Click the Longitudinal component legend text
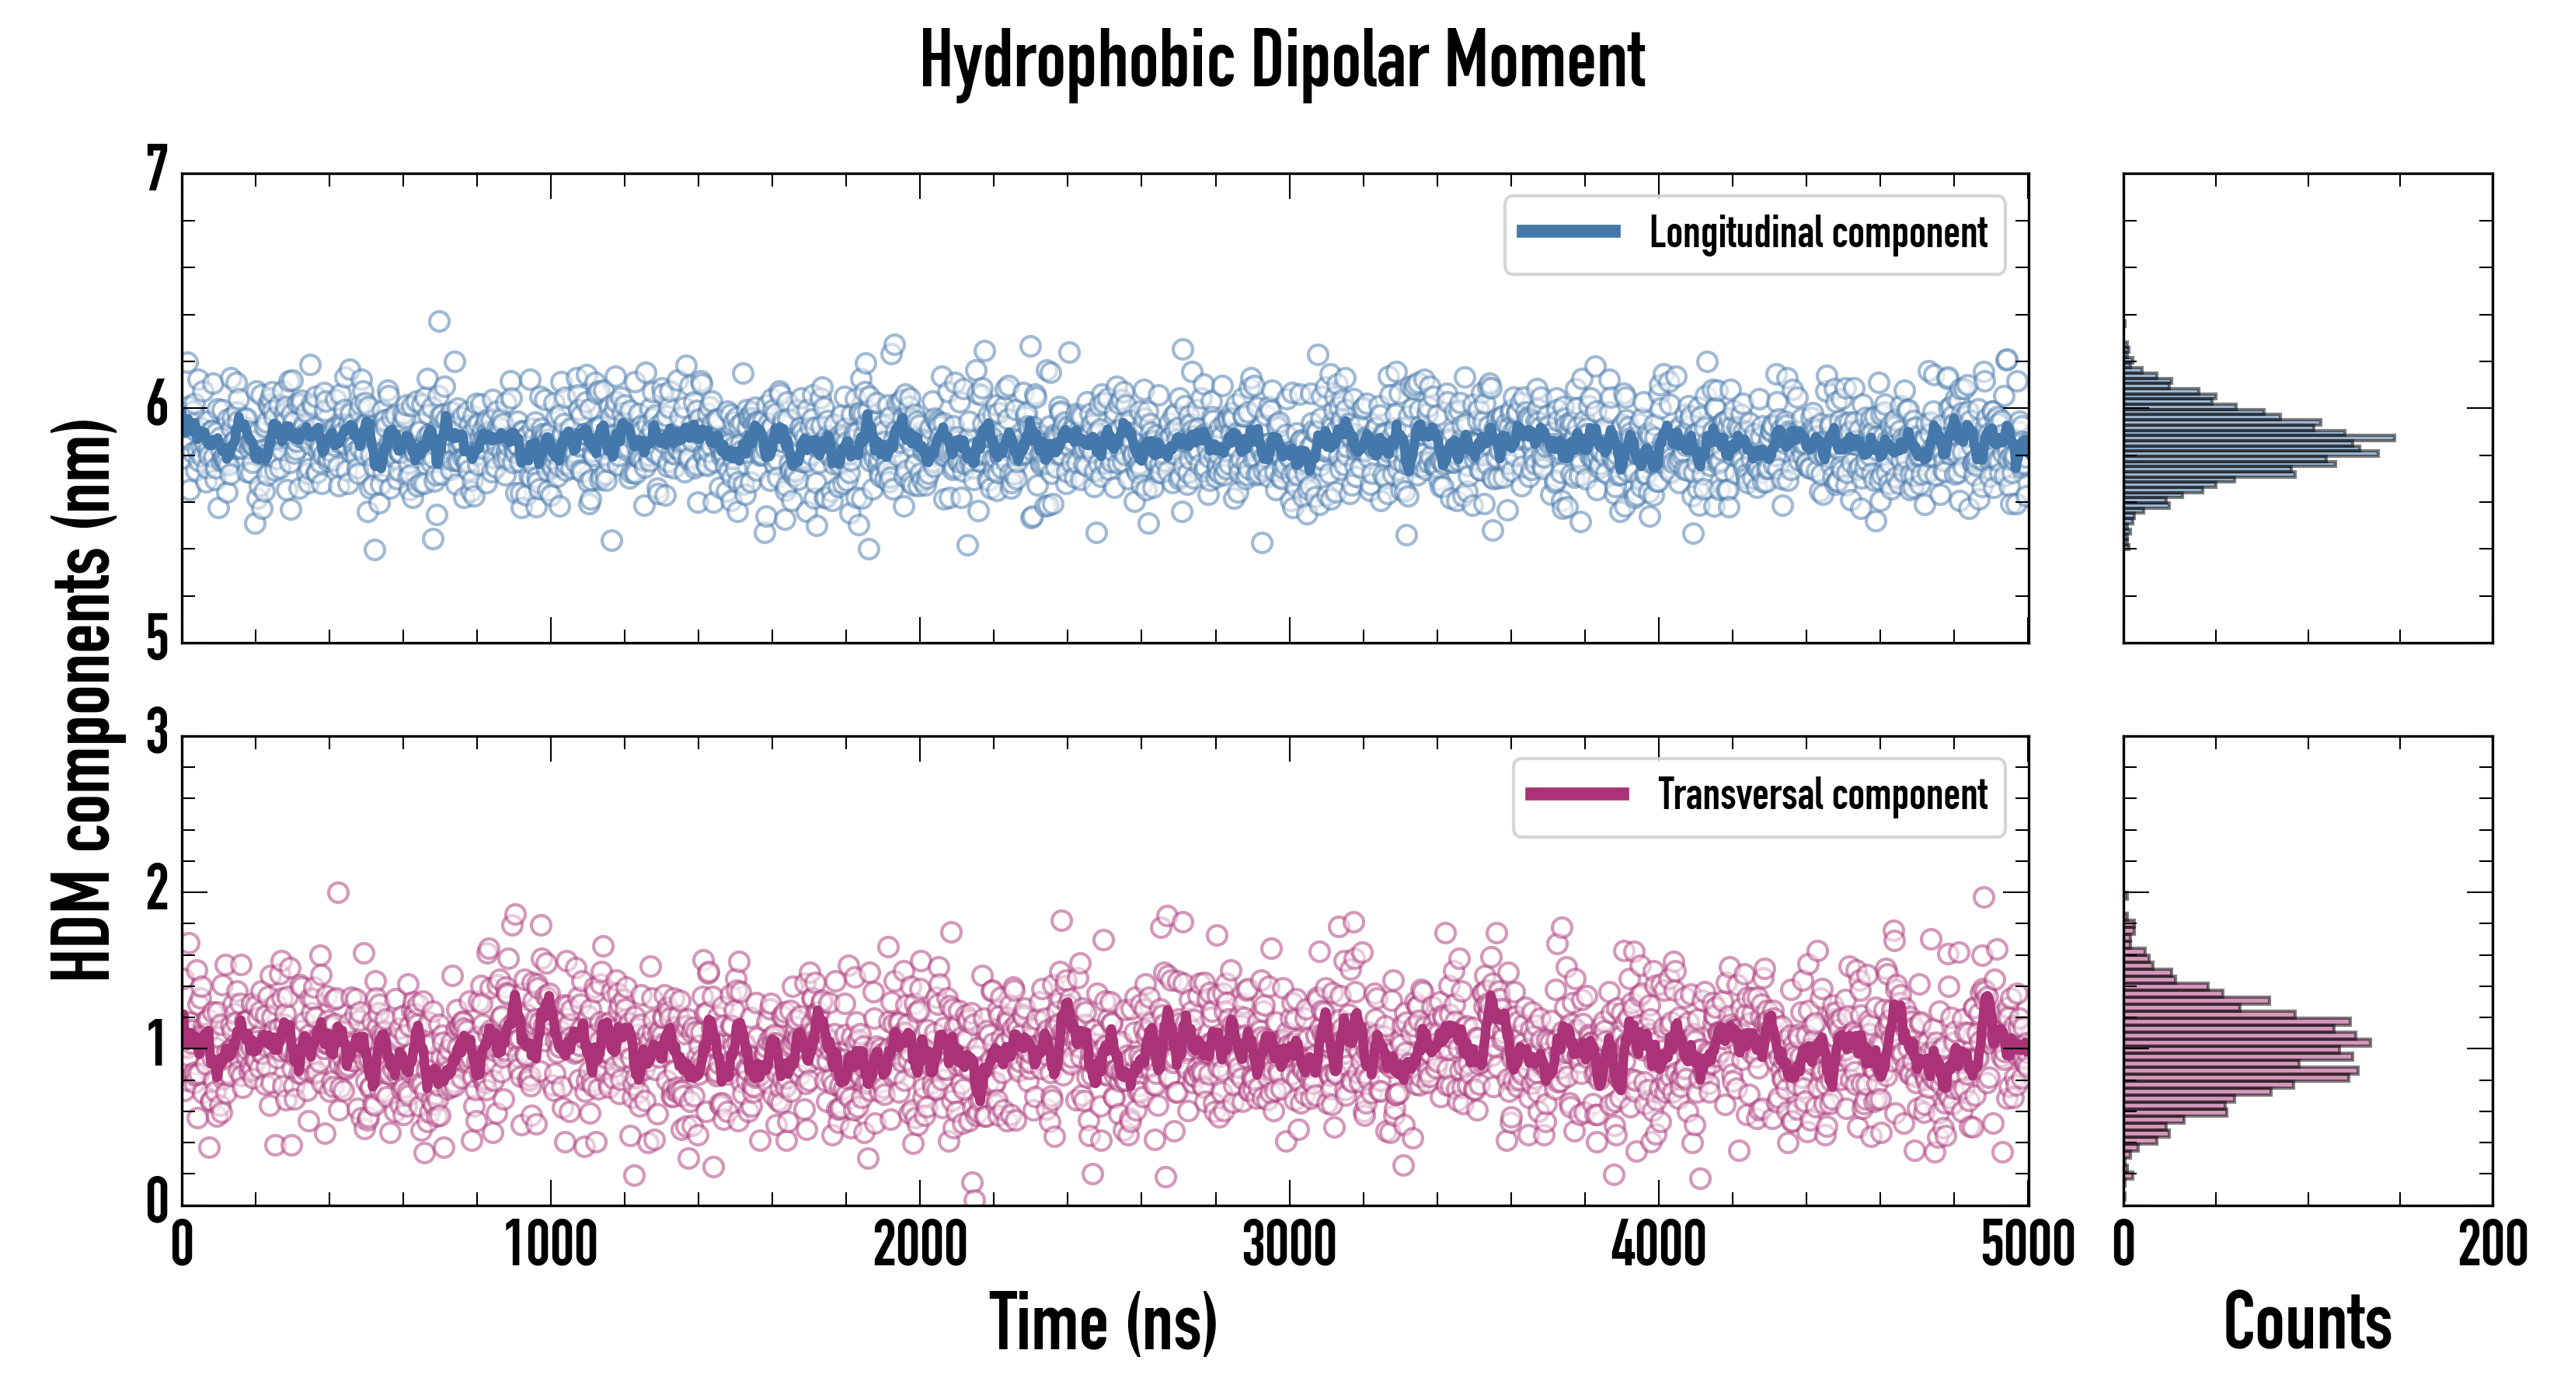pyautogui.click(x=1817, y=233)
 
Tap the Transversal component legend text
pyautogui.click(x=1823, y=794)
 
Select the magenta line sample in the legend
pyautogui.click(x=1576, y=794)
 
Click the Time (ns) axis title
pyautogui.click(x=1103, y=1322)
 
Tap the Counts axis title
pyautogui.click(x=2307, y=1322)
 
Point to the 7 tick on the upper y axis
pyautogui.click(x=157, y=171)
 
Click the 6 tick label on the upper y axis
pyautogui.click(x=157, y=406)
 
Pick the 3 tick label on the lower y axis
pyautogui.click(x=157, y=734)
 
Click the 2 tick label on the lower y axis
pyautogui.click(x=157, y=890)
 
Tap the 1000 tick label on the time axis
pyautogui.click(x=550, y=1244)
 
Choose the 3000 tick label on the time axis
pyautogui.click(x=1289, y=1244)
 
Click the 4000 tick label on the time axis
pyautogui.click(x=1658, y=1244)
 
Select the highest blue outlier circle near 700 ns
pyautogui.click(x=439, y=321)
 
